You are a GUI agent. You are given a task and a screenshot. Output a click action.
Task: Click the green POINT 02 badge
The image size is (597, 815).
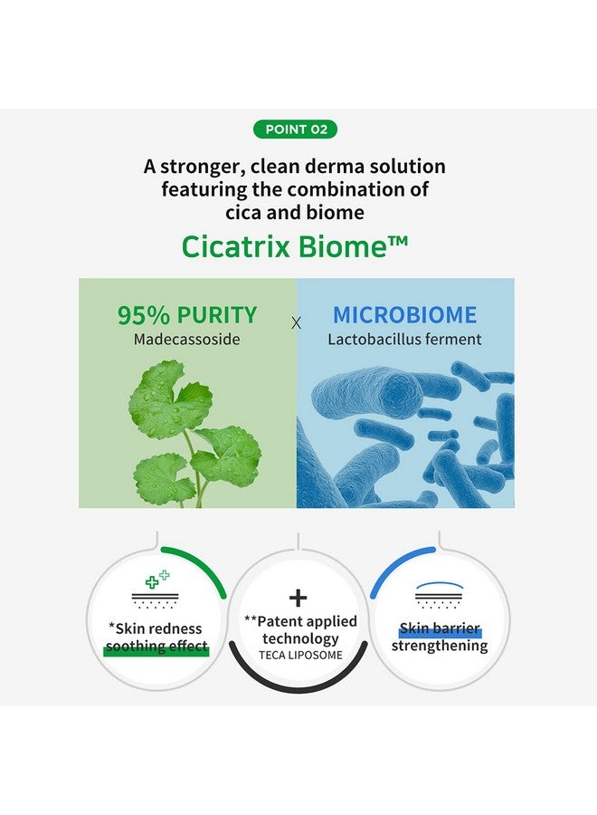pos(296,129)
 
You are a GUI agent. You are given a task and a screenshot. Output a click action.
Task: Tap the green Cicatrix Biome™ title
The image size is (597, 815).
pos(294,246)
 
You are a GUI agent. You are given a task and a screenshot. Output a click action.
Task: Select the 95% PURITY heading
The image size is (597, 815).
pos(187,315)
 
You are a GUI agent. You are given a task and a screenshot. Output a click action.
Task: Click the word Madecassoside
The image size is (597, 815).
pos(187,340)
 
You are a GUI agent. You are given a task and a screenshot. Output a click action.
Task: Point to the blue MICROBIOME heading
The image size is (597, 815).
pos(404,315)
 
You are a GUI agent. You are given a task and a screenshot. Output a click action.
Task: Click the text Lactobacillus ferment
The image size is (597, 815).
pos(404,340)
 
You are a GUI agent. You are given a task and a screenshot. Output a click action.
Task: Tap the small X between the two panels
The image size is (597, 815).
pos(297,323)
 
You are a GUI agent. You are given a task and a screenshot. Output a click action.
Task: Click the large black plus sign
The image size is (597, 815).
pos(298,599)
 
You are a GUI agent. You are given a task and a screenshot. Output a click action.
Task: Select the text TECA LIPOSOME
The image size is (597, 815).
pos(300,655)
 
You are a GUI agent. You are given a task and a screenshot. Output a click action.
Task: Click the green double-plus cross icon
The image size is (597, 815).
pos(157,579)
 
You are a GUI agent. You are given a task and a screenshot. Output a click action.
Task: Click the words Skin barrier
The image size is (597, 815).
pos(440,628)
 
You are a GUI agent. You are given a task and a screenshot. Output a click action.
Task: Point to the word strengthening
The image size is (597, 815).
pos(440,646)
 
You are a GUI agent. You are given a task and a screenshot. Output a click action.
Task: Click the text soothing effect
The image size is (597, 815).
pos(156,646)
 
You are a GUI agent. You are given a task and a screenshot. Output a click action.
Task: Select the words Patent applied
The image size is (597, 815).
pos(300,621)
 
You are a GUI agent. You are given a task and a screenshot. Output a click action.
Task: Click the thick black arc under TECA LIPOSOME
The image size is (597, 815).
pos(298,675)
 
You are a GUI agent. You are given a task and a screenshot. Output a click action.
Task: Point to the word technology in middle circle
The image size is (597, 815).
pos(300,638)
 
